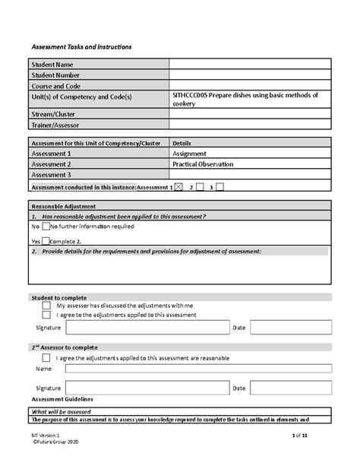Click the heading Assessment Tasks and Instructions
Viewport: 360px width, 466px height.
tap(81, 47)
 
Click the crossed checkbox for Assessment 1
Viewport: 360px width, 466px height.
tap(178, 186)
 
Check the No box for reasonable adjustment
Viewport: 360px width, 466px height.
tap(45, 227)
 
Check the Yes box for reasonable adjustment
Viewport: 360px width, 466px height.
tap(45, 241)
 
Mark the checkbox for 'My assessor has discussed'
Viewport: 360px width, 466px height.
tap(46, 305)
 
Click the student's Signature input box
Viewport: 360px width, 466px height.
tap(147, 327)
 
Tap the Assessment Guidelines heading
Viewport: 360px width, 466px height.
tap(62, 398)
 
